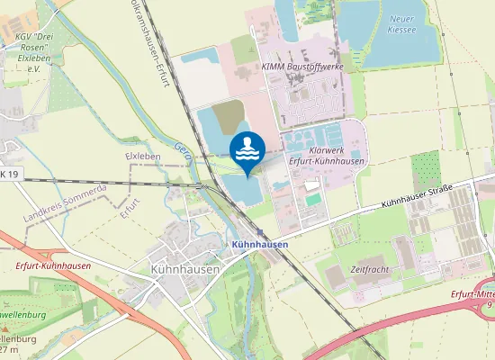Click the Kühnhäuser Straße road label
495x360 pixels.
point(416,192)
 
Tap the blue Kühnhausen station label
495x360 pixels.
point(259,244)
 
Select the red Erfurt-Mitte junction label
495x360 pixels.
point(472,298)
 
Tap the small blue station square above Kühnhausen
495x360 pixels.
point(259,230)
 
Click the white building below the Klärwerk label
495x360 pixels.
point(311,184)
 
